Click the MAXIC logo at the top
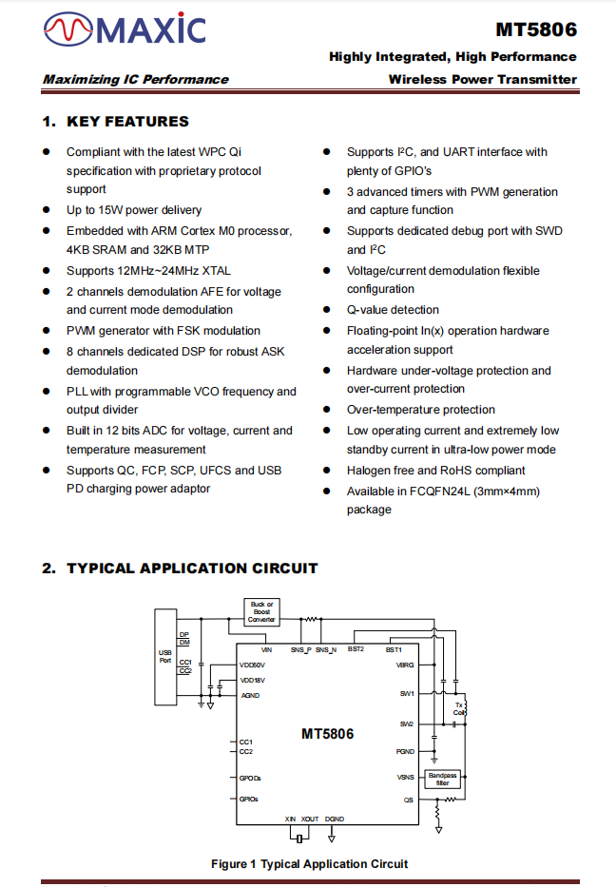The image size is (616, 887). click(x=125, y=30)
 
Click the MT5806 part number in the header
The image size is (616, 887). click(x=536, y=29)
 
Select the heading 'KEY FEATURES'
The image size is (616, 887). click(x=127, y=122)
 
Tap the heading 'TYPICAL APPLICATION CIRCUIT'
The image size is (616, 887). click(x=192, y=569)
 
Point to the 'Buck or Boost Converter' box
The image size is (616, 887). click(x=261, y=611)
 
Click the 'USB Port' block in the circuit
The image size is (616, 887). click(x=165, y=656)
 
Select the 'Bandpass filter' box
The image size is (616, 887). click(x=443, y=779)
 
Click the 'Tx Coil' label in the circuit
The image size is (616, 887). click(x=459, y=708)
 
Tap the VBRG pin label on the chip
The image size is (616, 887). click(x=405, y=665)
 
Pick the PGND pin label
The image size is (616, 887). click(x=406, y=751)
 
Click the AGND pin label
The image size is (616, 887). click(x=249, y=695)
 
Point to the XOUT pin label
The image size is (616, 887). click(x=310, y=819)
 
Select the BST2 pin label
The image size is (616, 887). click(x=356, y=649)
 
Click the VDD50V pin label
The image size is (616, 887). click(x=253, y=665)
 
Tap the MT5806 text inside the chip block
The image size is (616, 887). click(x=327, y=734)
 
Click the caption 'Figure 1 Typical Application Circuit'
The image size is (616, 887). click(x=309, y=864)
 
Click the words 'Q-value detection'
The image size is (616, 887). click(x=393, y=310)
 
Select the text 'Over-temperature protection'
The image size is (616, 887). click(x=420, y=410)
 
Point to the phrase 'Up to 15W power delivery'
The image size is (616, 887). click(x=134, y=210)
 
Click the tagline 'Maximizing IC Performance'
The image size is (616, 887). click(x=136, y=80)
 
